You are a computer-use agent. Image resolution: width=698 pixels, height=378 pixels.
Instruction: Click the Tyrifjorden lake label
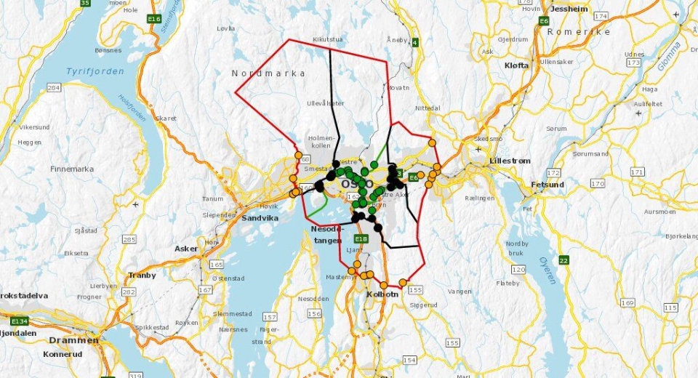[95, 71]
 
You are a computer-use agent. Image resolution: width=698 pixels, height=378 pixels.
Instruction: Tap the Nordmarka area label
[268, 73]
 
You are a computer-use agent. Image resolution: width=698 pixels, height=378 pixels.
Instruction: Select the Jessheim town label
[569, 9]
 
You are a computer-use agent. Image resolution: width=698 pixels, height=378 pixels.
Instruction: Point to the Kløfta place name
[516, 65]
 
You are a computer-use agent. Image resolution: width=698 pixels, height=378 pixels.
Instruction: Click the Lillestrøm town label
[510, 160]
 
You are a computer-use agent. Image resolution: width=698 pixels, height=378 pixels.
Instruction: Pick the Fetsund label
[547, 185]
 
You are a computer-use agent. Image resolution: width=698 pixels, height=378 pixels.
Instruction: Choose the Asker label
[186, 249]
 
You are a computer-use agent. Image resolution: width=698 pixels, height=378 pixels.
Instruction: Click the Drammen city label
[73, 340]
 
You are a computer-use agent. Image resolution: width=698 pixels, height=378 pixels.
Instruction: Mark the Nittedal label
[427, 108]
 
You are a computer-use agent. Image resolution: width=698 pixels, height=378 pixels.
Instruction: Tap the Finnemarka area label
[72, 169]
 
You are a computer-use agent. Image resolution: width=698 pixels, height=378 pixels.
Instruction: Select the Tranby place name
[142, 276]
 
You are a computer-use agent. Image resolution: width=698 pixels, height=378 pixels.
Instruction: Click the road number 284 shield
[54, 88]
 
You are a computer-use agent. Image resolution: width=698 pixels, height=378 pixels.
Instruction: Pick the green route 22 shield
[563, 260]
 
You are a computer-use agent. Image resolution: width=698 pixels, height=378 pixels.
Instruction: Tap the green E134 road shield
[20, 321]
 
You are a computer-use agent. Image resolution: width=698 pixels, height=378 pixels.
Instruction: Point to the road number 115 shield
[670, 307]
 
